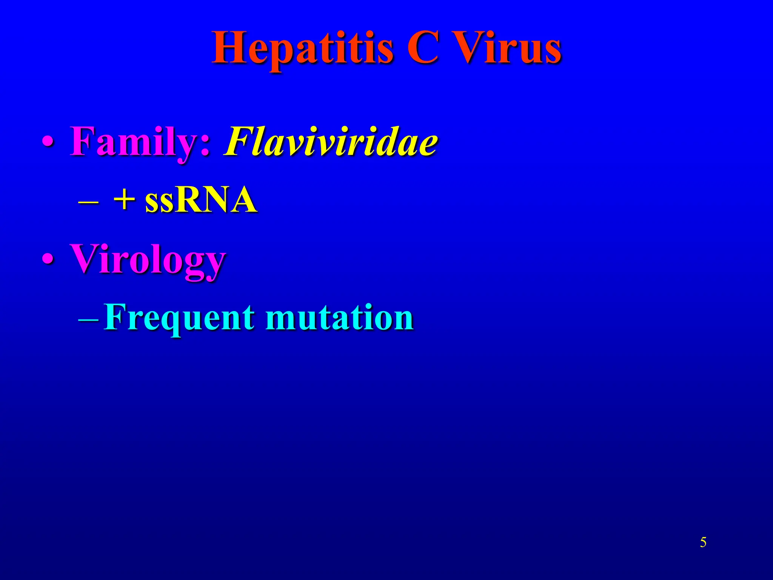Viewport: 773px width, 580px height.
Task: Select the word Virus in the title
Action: tap(507, 48)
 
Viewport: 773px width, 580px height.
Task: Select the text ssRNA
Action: tap(201, 200)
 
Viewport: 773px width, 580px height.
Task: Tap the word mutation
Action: tap(340, 317)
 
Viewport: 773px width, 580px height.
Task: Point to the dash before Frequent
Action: tap(88, 319)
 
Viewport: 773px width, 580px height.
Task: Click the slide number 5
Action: tap(703, 543)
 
